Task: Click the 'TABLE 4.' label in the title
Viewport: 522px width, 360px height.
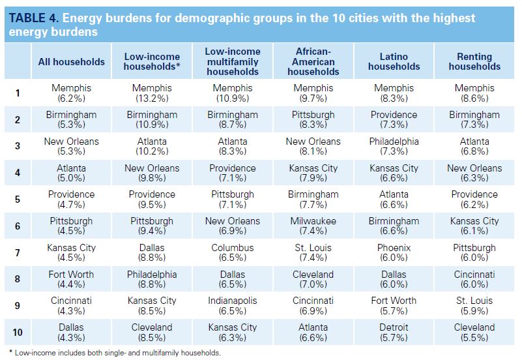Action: click(x=32, y=18)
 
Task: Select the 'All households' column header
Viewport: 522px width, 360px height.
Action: click(x=71, y=62)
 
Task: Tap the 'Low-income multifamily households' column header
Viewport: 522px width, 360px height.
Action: click(x=233, y=62)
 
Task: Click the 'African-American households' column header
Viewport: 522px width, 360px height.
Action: click(x=313, y=62)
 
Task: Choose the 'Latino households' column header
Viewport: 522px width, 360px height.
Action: click(x=394, y=62)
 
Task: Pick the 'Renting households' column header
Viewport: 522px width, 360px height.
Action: click(x=474, y=62)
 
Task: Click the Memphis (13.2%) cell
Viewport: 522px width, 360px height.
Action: click(x=152, y=93)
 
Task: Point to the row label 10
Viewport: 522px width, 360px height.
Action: click(x=18, y=333)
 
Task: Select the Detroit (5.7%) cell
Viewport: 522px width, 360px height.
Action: click(x=394, y=333)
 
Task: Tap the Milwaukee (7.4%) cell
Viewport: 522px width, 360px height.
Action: click(x=313, y=226)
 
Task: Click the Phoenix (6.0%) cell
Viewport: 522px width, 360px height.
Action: click(x=394, y=253)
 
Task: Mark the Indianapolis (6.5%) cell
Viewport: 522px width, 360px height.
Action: click(x=233, y=306)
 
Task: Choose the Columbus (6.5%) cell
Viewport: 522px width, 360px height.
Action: click(x=233, y=253)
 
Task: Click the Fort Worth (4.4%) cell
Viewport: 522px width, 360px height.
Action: click(x=71, y=280)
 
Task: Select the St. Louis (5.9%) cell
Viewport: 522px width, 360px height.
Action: click(x=474, y=306)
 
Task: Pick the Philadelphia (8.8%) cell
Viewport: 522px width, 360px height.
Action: click(x=152, y=280)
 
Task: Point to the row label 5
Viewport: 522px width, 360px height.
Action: click(x=18, y=200)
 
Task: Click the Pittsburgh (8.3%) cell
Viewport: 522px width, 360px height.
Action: click(x=313, y=120)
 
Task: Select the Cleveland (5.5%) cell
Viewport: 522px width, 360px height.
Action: click(x=474, y=333)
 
